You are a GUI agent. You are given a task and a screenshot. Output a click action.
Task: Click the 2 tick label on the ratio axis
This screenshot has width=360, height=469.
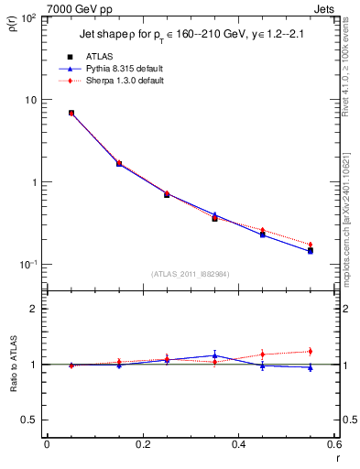click(34, 309)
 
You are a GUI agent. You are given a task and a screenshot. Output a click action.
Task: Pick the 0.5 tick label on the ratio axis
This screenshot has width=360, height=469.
click(29, 420)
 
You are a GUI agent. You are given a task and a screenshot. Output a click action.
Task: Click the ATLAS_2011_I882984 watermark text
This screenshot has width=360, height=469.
click(190, 273)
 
